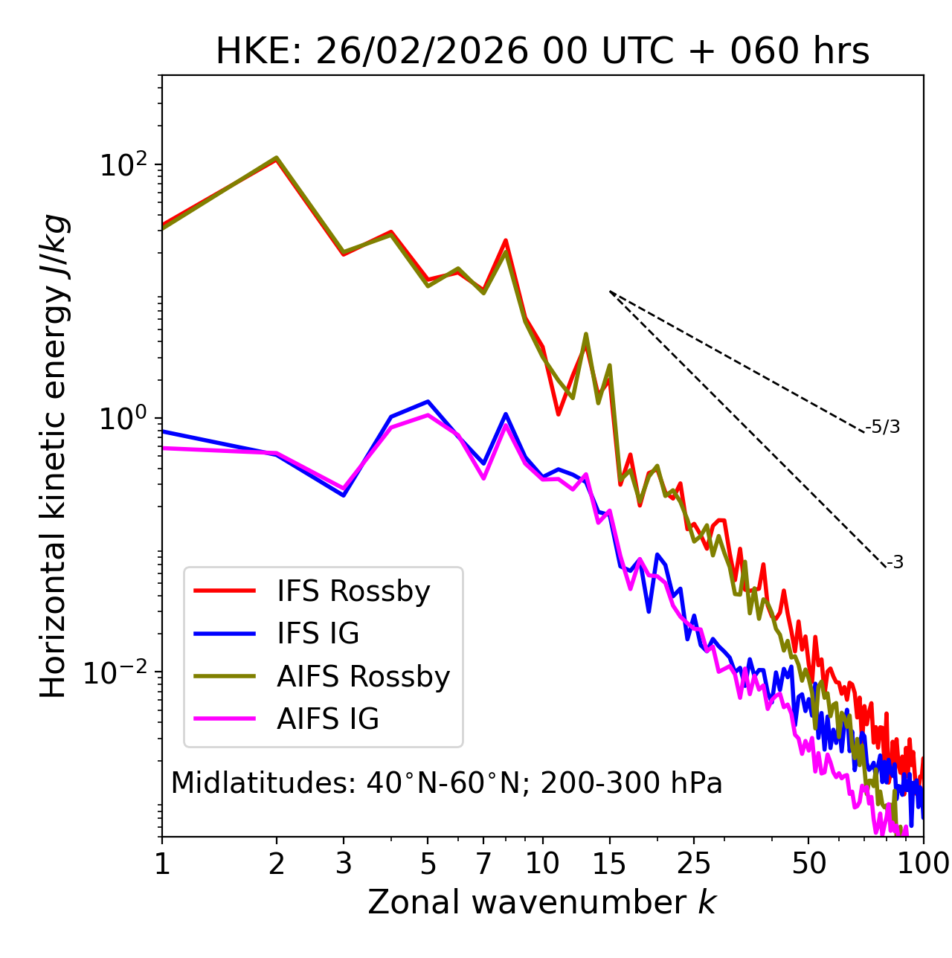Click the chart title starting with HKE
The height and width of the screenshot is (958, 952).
542,52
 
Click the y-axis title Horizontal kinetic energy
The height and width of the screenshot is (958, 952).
54,456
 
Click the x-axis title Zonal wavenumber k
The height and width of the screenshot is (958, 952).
542,902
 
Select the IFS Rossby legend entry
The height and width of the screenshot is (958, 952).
353,591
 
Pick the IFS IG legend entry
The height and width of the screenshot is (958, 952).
318,634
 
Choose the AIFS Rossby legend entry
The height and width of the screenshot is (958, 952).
363,677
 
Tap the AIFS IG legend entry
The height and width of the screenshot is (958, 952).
327,719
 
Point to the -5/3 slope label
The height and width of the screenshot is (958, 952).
883,427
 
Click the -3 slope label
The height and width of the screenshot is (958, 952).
895,562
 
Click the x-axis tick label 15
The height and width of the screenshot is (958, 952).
610,864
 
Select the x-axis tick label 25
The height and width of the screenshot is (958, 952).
694,864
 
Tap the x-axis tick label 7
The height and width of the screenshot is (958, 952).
483,864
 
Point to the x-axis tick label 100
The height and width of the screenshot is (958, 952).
922,864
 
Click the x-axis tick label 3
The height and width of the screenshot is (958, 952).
344,864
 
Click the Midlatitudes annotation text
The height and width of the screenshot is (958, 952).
446,783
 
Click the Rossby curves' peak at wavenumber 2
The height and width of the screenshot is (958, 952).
277,158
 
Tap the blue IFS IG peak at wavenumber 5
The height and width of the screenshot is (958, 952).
428,402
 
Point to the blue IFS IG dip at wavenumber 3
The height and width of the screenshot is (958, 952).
344,495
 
